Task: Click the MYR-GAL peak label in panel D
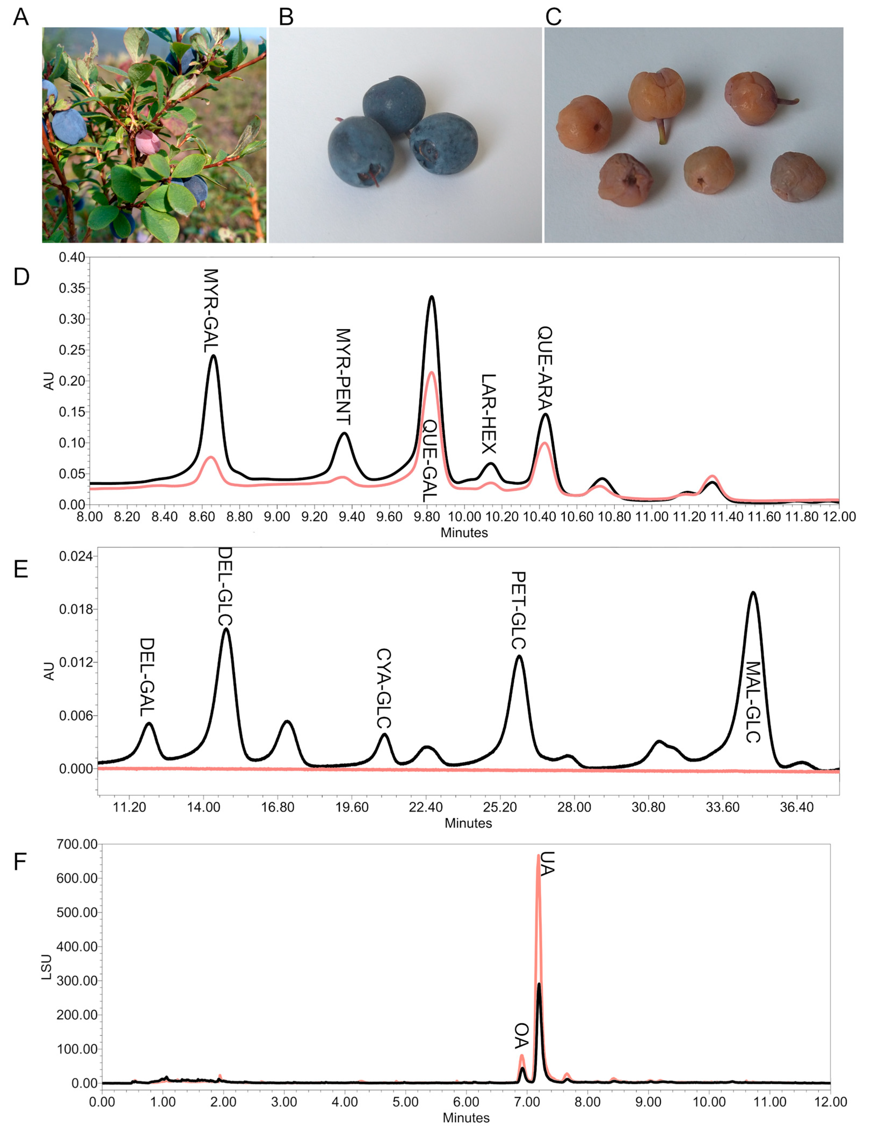point(211,310)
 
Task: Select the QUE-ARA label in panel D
point(545,368)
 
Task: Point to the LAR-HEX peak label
point(488,414)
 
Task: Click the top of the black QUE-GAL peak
point(431,297)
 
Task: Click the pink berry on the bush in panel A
point(147,141)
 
